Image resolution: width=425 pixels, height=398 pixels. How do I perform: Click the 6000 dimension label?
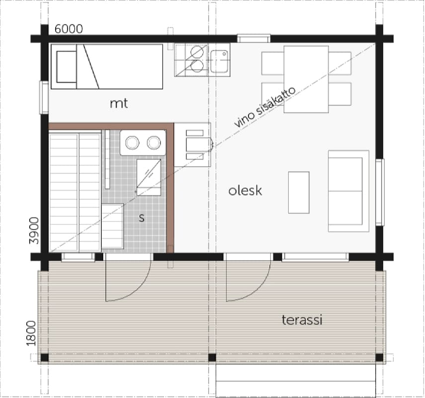(69, 29)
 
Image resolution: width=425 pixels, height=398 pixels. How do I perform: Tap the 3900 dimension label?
(34, 231)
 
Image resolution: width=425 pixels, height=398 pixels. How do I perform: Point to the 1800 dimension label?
(31, 333)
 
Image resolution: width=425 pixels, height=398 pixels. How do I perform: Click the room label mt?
(119, 103)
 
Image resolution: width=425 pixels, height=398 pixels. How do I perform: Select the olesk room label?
(245, 191)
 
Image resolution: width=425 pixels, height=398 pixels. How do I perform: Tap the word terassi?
(302, 320)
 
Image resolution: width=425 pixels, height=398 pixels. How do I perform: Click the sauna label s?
(142, 218)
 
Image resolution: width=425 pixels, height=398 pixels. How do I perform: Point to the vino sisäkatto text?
(264, 107)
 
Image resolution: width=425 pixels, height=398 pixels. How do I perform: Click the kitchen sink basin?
(219, 61)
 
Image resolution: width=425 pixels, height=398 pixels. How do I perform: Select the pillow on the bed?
(66, 67)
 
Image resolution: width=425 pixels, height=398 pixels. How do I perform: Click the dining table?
(306, 79)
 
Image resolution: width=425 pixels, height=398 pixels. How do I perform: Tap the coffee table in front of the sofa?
(299, 193)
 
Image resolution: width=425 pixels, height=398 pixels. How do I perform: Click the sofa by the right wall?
(348, 191)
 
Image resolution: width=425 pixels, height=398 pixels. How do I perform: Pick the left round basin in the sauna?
(132, 142)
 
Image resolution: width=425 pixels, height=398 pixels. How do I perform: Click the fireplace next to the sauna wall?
(193, 145)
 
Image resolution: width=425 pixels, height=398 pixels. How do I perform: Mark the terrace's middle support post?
(212, 358)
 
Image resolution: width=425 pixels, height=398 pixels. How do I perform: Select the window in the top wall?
(254, 38)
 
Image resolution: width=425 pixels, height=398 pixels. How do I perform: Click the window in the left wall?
(44, 98)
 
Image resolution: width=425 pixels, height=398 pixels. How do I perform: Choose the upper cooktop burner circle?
(197, 52)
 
